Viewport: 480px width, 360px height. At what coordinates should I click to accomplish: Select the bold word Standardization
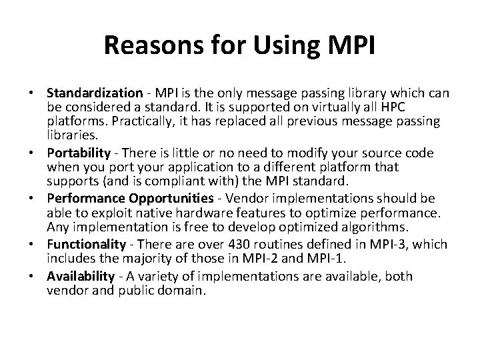click(93, 93)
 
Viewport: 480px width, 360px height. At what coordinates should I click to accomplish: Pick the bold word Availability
click(83, 276)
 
